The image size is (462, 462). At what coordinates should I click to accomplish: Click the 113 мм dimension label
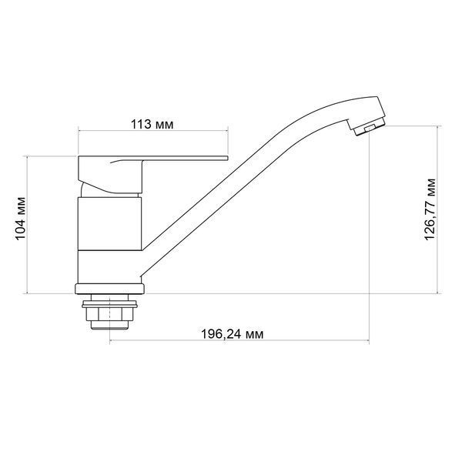point(152,124)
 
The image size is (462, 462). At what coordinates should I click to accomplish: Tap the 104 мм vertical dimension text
point(21,219)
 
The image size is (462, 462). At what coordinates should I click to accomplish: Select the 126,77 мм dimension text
point(430,209)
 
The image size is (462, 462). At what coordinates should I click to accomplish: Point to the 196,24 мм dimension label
point(233,334)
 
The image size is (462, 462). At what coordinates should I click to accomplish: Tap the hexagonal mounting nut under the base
point(109,314)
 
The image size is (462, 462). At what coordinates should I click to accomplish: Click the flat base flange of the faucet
point(109,289)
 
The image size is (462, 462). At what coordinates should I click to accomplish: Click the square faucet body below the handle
point(109,224)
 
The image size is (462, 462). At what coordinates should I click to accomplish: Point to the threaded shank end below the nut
point(109,325)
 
